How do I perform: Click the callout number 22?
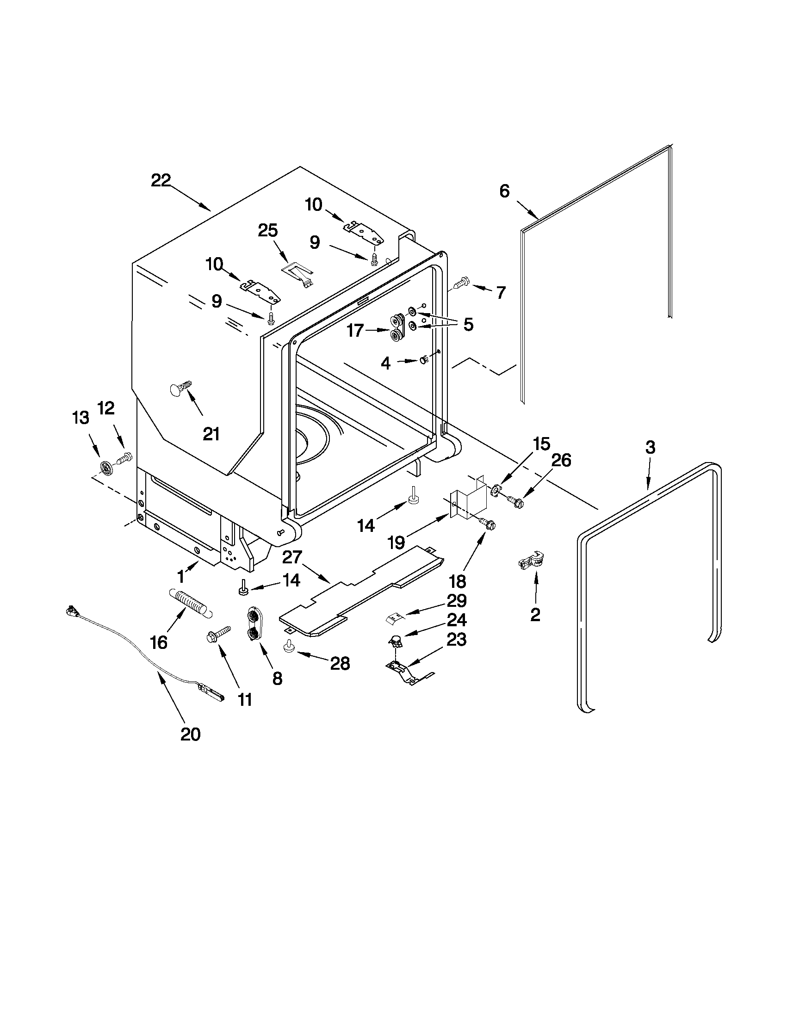pyautogui.click(x=161, y=180)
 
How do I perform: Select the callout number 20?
pyautogui.click(x=190, y=734)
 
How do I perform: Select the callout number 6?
pyautogui.click(x=504, y=191)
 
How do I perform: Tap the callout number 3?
pyautogui.click(x=650, y=447)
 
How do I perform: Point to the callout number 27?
pyautogui.click(x=292, y=557)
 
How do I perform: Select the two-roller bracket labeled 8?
pyautogui.click(x=254, y=623)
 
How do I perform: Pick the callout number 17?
pyautogui.click(x=355, y=331)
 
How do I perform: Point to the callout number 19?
pyautogui.click(x=397, y=543)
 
